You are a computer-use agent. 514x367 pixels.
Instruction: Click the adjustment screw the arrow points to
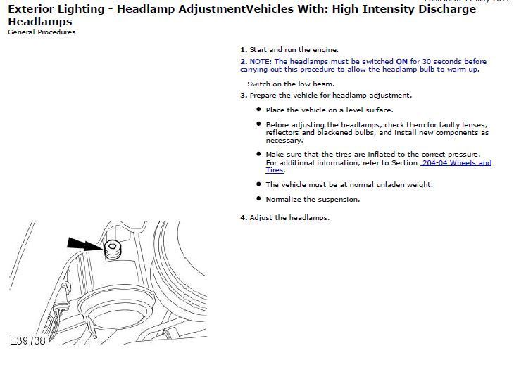tap(113, 247)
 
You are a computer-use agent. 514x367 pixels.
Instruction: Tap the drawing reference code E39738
tap(27, 341)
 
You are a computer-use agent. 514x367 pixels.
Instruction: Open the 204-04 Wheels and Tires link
tap(456, 162)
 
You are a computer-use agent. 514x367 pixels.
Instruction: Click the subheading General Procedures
tap(42, 32)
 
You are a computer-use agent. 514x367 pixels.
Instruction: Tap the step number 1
tap(243, 50)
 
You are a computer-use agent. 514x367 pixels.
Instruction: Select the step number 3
tap(243, 95)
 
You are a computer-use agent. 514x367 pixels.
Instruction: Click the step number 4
tap(243, 217)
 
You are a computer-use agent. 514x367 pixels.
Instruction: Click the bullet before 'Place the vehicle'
tap(258, 110)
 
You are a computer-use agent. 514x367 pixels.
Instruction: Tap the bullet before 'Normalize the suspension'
tap(258, 199)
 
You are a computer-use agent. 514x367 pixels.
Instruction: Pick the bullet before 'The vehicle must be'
tap(258, 184)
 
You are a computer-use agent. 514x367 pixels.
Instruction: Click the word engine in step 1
tap(325, 50)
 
